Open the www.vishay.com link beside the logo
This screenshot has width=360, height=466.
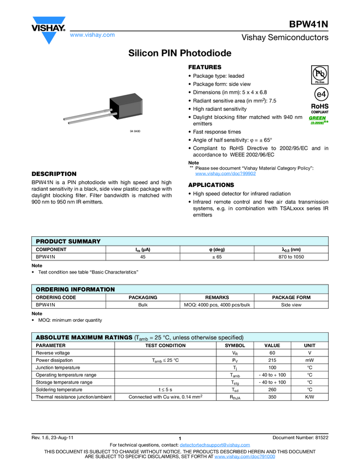[x=92, y=35]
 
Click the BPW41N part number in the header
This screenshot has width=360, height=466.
[x=309, y=24]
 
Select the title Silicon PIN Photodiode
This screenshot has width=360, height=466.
[x=180, y=54]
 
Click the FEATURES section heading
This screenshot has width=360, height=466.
[x=205, y=67]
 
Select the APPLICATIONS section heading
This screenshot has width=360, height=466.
[x=211, y=185]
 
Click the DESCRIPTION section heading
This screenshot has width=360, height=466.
[x=54, y=174]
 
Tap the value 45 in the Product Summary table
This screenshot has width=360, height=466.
[x=142, y=257]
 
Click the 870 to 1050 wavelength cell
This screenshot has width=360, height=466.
[x=291, y=257]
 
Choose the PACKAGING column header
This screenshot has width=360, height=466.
[x=142, y=298]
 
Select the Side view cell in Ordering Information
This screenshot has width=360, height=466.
[x=291, y=305]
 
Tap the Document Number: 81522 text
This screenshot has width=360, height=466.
[x=300, y=437]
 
